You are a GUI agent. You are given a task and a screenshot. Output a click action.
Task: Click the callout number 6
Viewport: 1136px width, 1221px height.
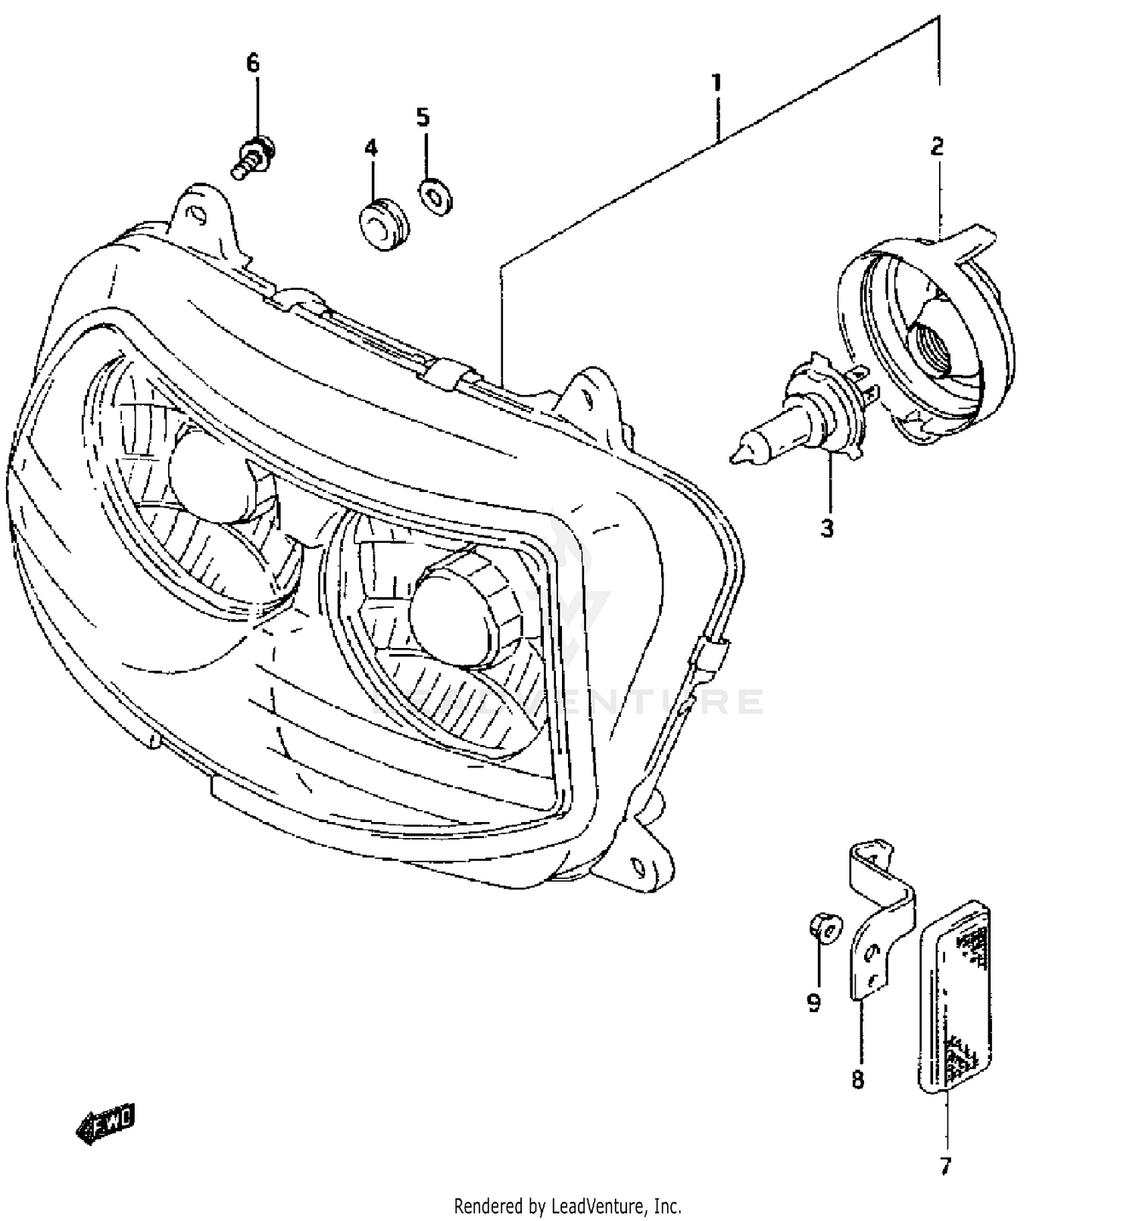coord(253,63)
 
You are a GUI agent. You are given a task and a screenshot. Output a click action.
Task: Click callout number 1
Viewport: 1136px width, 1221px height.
coord(716,82)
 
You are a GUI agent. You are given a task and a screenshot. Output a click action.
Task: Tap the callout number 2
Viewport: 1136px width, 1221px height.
coord(937,146)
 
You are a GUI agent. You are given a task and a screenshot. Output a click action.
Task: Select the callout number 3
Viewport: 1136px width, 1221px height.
coord(827,528)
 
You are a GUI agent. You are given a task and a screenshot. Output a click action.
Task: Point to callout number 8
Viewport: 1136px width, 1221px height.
coord(857,1079)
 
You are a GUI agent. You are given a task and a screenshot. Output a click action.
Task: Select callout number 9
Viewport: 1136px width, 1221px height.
coord(813,1004)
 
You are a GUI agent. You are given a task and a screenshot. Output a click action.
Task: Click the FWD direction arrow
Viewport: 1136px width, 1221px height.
coord(106,1122)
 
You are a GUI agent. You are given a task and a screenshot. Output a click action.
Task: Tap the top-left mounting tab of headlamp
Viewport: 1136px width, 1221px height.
coord(199,214)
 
